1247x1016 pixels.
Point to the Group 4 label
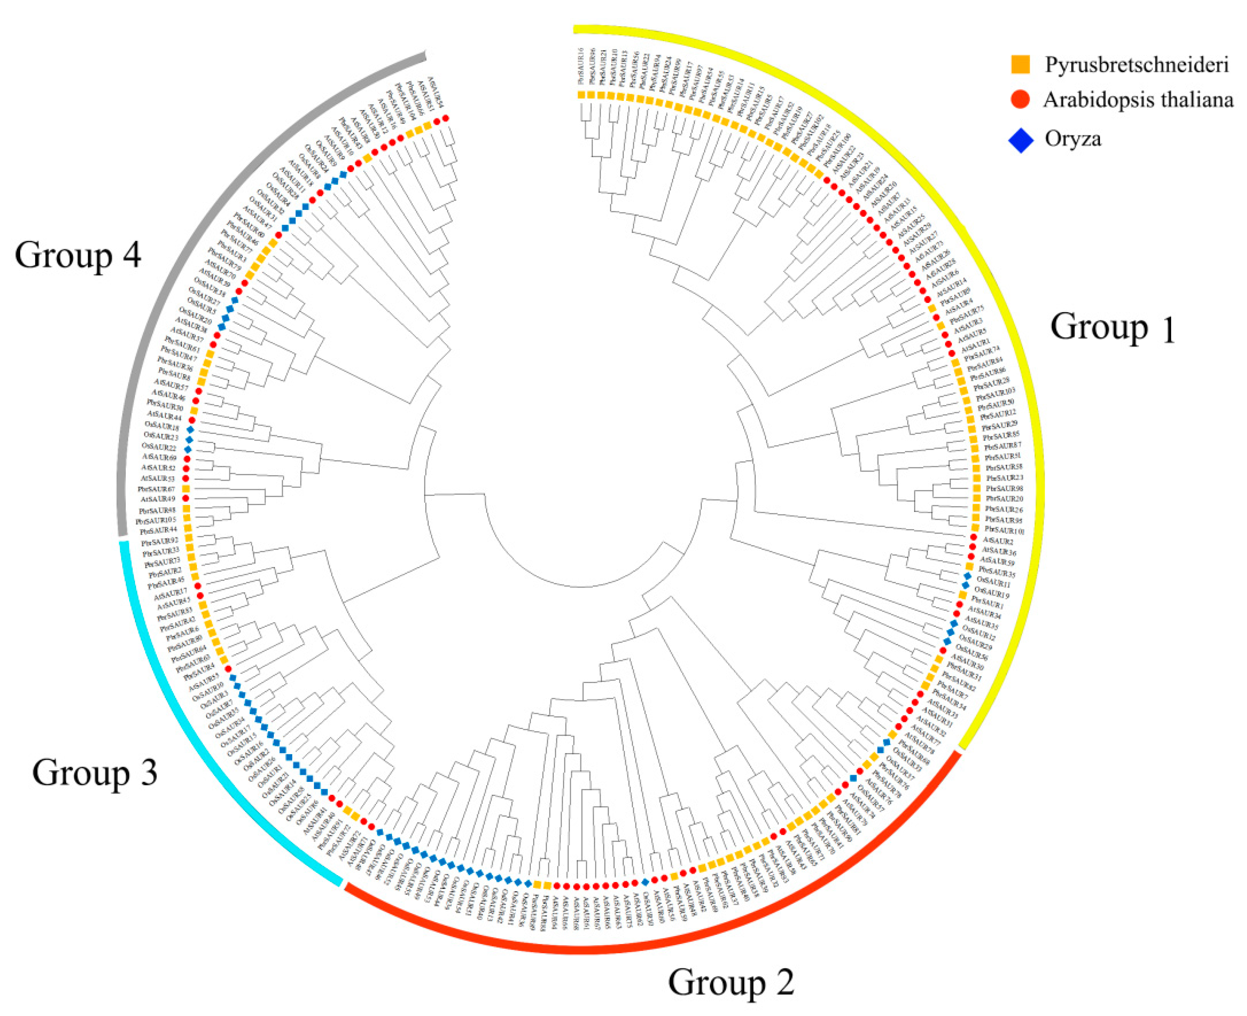coord(78,255)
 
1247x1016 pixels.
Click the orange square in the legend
coord(1020,64)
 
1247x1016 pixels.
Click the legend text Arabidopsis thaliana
coord(1138,100)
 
